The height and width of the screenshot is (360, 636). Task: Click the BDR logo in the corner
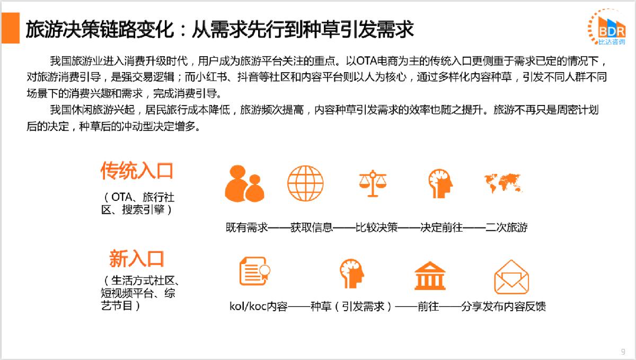607,27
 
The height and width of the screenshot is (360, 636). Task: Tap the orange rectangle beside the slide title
11,28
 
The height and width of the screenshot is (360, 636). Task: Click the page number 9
623,352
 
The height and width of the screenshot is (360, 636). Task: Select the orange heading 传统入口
137,171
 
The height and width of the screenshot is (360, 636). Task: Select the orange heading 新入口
137,259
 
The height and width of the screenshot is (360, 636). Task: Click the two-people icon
244,183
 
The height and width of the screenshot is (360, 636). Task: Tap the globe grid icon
305,183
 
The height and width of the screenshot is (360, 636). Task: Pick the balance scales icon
373,183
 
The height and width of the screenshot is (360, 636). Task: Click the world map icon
503,183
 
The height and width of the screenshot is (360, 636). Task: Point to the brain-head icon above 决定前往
440,183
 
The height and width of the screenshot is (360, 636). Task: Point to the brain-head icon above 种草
352,274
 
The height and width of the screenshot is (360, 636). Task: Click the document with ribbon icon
255,271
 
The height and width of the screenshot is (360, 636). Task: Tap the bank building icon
430,276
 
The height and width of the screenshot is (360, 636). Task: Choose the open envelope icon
511,277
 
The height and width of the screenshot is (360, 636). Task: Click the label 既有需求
247,227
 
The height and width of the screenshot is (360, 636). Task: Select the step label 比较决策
376,227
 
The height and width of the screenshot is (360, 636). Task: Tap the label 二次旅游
507,227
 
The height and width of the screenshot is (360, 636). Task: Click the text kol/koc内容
259,306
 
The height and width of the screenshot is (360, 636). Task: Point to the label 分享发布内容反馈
503,306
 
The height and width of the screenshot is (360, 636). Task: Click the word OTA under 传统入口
121,197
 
